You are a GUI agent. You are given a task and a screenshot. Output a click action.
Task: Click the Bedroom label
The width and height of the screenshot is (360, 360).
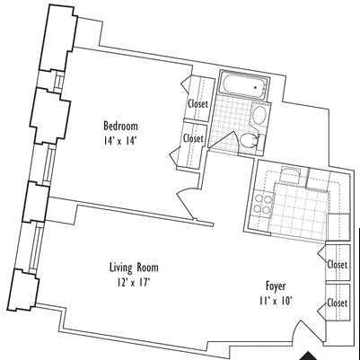click(120, 126)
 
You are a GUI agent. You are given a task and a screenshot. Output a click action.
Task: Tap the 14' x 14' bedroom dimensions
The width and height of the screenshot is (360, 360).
click(119, 140)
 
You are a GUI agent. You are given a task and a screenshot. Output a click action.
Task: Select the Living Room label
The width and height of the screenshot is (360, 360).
click(134, 268)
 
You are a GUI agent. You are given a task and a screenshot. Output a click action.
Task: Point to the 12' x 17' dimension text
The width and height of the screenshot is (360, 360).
click(134, 283)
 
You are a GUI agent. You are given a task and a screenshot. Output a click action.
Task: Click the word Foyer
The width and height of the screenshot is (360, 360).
click(276, 286)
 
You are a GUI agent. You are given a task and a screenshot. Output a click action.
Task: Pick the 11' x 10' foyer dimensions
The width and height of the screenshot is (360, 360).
click(276, 301)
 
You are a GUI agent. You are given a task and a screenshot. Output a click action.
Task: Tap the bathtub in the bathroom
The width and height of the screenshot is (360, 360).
click(244, 84)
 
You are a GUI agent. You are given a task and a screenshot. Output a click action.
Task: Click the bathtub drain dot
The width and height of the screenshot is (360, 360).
click(256, 88)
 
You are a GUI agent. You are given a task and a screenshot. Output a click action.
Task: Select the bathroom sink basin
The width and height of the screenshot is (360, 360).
click(259, 115)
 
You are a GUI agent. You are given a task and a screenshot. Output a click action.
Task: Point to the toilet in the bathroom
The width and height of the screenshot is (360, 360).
click(250, 140)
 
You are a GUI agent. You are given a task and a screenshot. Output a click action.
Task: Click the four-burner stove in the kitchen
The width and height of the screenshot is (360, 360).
click(263, 205)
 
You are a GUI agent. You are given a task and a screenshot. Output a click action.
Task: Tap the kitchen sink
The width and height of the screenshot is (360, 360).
click(290, 176)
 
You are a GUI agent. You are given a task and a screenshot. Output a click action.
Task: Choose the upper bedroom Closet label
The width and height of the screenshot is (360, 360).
click(198, 104)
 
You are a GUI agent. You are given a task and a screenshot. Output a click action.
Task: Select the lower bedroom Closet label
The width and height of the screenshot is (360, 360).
click(193, 138)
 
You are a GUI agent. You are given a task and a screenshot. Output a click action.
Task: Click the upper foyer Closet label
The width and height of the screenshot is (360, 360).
click(338, 265)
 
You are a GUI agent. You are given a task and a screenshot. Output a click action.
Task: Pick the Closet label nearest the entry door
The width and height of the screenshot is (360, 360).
click(338, 303)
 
